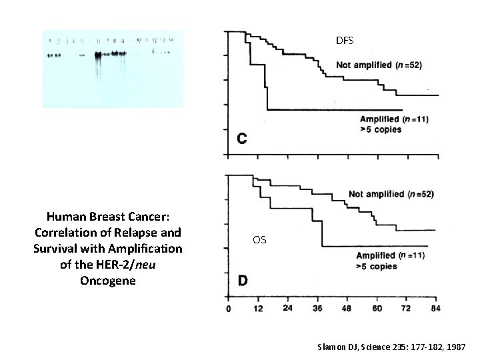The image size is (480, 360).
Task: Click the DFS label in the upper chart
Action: (x=345, y=41)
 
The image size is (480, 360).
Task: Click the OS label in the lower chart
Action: (x=259, y=239)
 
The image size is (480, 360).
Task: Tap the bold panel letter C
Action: (x=243, y=139)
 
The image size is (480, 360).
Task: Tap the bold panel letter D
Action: (x=243, y=281)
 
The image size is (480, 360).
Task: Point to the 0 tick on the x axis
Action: (x=229, y=309)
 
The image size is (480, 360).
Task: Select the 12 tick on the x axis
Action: (x=258, y=309)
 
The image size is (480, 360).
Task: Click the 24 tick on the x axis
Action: (x=288, y=309)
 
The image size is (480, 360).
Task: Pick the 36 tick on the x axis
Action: (x=317, y=309)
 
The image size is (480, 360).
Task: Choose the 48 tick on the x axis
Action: (x=347, y=309)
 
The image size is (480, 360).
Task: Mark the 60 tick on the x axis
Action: (x=377, y=309)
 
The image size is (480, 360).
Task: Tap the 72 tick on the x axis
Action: (x=406, y=309)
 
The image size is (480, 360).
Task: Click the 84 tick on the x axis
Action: (x=435, y=309)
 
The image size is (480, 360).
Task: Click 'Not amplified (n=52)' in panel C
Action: (x=378, y=65)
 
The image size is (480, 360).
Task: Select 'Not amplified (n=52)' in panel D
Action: (x=391, y=194)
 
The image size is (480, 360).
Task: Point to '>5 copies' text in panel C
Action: (x=381, y=129)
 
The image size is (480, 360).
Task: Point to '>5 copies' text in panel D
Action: (x=377, y=266)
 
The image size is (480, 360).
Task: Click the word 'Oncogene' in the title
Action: (x=107, y=281)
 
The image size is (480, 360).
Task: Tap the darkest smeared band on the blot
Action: (x=98, y=55)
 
